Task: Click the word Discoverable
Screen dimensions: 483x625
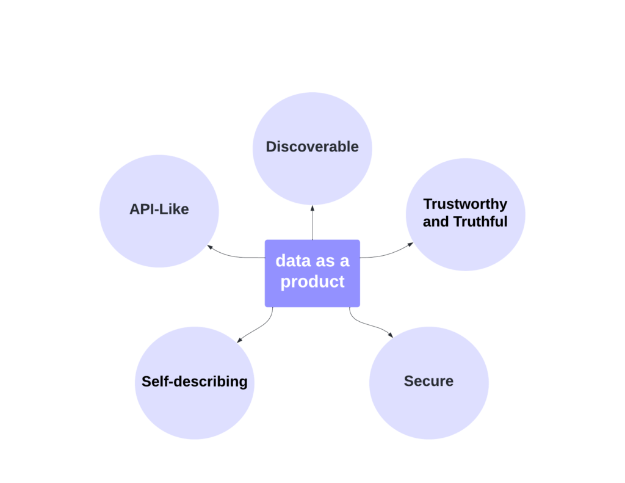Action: click(x=312, y=147)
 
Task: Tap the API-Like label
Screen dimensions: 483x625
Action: click(x=159, y=209)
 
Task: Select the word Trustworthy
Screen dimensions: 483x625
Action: click(x=465, y=204)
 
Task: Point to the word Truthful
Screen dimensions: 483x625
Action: click(x=480, y=222)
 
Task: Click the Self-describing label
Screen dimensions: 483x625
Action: click(x=194, y=382)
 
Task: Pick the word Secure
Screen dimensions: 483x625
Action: click(x=428, y=382)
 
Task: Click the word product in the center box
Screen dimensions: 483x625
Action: click(x=312, y=281)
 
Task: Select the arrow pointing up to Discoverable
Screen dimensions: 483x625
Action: click(x=312, y=222)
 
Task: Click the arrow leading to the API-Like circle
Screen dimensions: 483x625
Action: click(x=235, y=254)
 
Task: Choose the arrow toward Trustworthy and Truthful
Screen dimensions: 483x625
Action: click(x=387, y=253)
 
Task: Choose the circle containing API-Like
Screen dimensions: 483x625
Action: click(x=159, y=238)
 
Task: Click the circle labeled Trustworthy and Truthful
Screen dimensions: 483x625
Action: click(x=465, y=244)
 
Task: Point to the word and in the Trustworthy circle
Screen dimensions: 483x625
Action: click(x=436, y=222)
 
